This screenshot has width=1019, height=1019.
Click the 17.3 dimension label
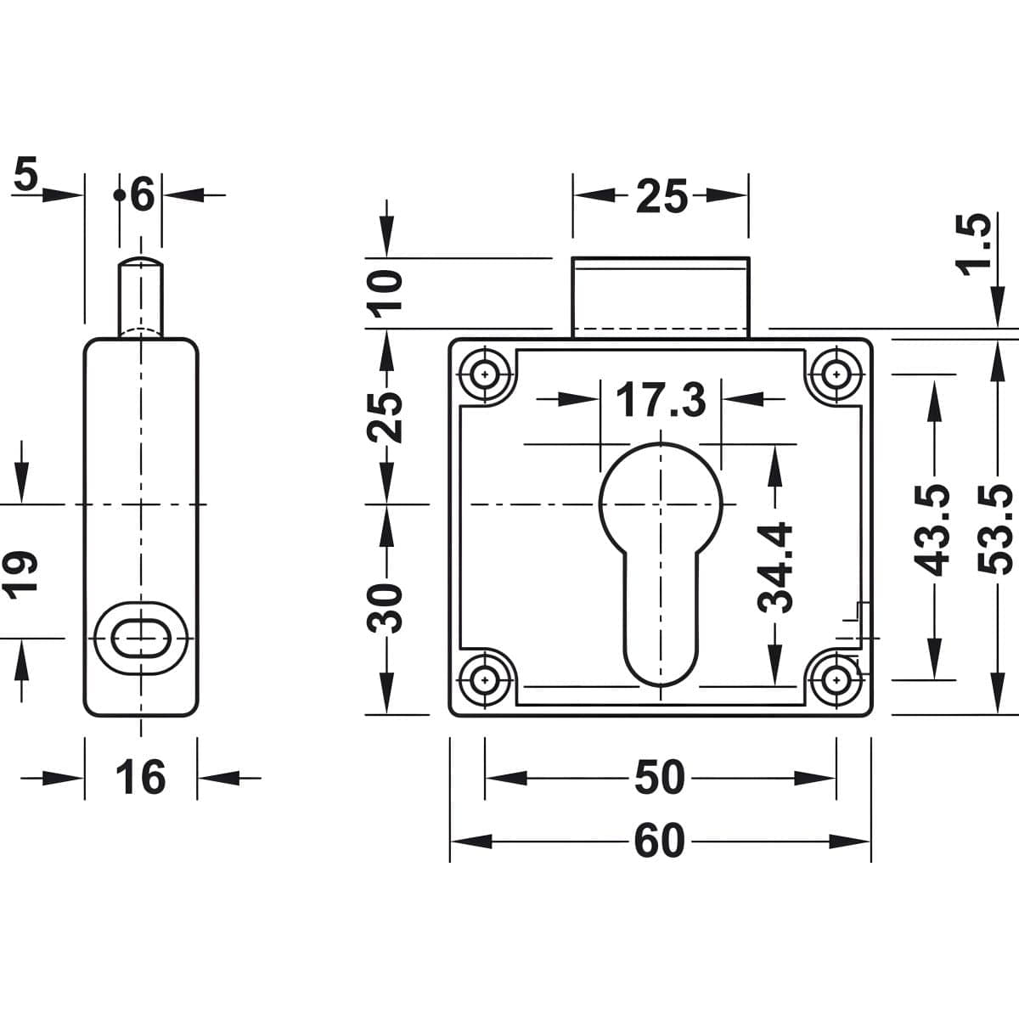pyautogui.click(x=661, y=400)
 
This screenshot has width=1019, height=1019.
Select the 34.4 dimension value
pyautogui.click(x=774, y=567)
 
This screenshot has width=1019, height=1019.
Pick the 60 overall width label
pyautogui.click(x=659, y=841)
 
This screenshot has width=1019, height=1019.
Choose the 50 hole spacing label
pyautogui.click(x=659, y=777)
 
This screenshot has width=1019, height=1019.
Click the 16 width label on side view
pyautogui.click(x=140, y=777)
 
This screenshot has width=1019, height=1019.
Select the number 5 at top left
pyautogui.click(x=26, y=176)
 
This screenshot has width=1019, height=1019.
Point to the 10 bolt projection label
pyautogui.click(x=387, y=292)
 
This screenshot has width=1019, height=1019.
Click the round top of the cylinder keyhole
pyautogui.click(x=661, y=501)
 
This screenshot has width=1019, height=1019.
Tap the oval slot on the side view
pyautogui.click(x=141, y=637)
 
